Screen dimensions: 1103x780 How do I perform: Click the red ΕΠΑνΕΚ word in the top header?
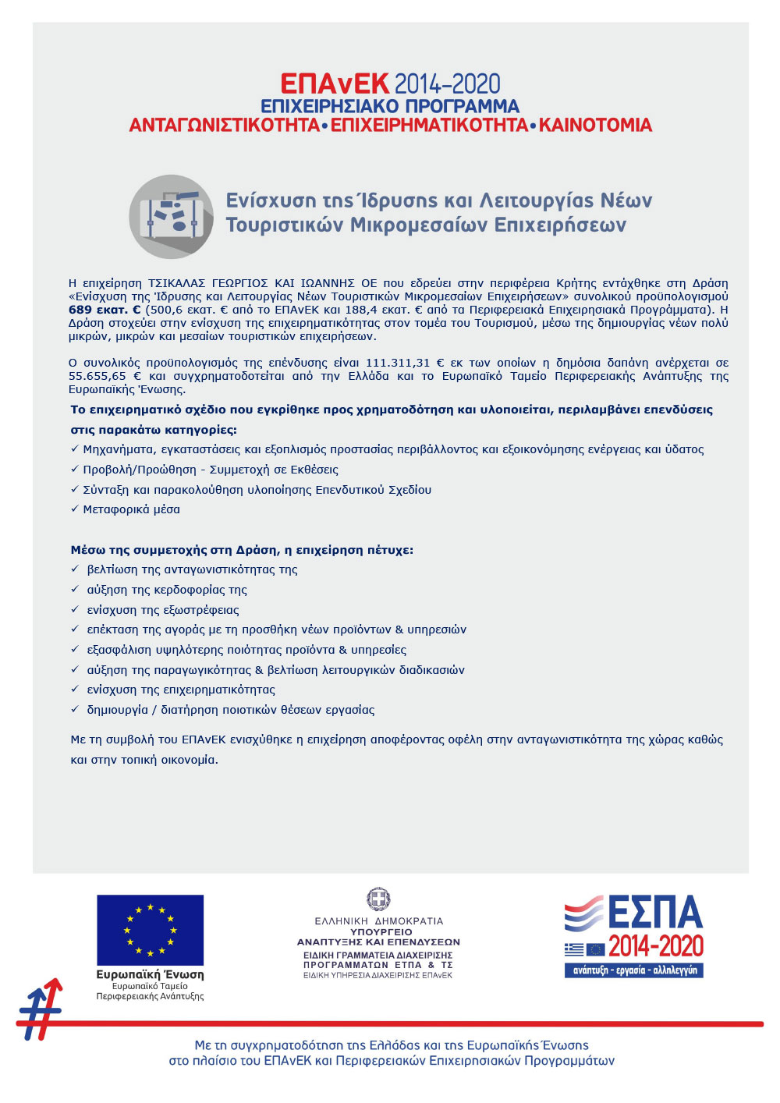click(335, 84)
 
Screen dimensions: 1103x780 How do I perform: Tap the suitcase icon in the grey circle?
click(171, 216)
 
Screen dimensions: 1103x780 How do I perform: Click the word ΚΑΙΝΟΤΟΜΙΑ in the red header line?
click(595, 126)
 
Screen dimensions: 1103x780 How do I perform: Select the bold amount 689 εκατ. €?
click(105, 310)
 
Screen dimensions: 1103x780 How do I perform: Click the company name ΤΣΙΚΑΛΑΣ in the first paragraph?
click(179, 283)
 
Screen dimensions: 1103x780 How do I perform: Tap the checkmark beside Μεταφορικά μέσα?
click(75, 509)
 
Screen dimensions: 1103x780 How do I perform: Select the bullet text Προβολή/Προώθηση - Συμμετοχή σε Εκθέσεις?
click(211, 470)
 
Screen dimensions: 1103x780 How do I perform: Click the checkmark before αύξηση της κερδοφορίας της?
click(75, 590)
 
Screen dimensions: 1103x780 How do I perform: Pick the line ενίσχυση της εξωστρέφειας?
click(163, 610)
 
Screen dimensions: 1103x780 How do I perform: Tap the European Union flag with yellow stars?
click(150, 930)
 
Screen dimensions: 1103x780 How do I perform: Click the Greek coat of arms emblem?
click(379, 899)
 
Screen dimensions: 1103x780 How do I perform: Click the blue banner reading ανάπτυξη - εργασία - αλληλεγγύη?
click(634, 970)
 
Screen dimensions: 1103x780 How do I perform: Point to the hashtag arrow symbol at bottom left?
click(41, 1009)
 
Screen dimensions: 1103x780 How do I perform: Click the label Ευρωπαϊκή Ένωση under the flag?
click(150, 975)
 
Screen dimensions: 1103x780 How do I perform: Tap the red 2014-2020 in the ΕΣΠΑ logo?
click(655, 947)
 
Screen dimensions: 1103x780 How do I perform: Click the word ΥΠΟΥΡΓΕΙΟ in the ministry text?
click(381, 932)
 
